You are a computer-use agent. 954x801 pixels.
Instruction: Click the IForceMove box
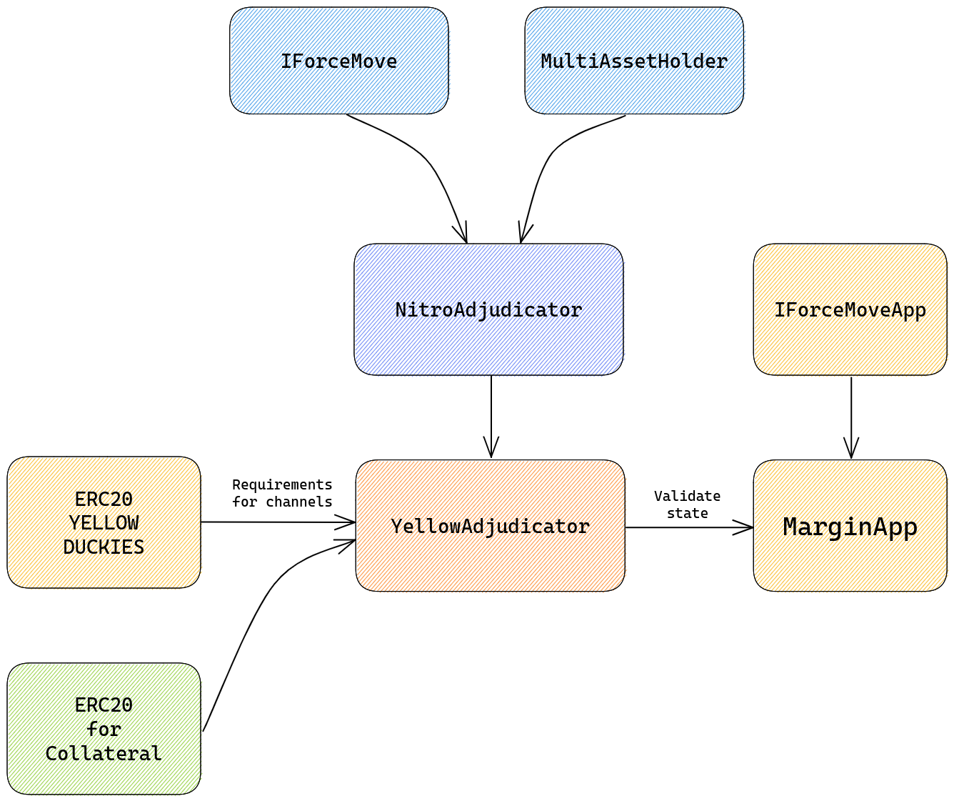339,61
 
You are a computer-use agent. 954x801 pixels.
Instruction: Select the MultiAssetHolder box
635,61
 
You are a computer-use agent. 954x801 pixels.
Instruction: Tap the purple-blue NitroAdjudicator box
489,310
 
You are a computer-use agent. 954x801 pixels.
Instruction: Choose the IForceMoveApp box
850,310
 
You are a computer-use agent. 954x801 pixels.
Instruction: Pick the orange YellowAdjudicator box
491,527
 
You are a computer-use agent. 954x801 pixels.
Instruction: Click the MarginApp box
850,527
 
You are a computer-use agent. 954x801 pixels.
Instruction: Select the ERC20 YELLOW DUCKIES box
104,522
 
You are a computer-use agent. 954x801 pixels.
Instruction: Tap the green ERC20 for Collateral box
104,729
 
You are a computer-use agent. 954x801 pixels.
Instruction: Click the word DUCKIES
104,547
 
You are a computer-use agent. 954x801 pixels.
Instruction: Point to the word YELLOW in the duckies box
104,523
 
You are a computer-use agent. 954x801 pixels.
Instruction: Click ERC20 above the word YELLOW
104,498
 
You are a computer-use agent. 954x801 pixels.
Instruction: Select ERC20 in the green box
104,705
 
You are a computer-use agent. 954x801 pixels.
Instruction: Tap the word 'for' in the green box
104,730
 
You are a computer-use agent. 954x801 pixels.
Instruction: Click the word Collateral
104,754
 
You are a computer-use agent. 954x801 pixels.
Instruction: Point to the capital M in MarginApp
790,527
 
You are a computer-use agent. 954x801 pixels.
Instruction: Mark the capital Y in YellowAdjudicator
397,527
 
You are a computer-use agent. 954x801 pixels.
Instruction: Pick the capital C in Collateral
51,754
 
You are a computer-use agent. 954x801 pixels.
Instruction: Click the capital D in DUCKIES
69,547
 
